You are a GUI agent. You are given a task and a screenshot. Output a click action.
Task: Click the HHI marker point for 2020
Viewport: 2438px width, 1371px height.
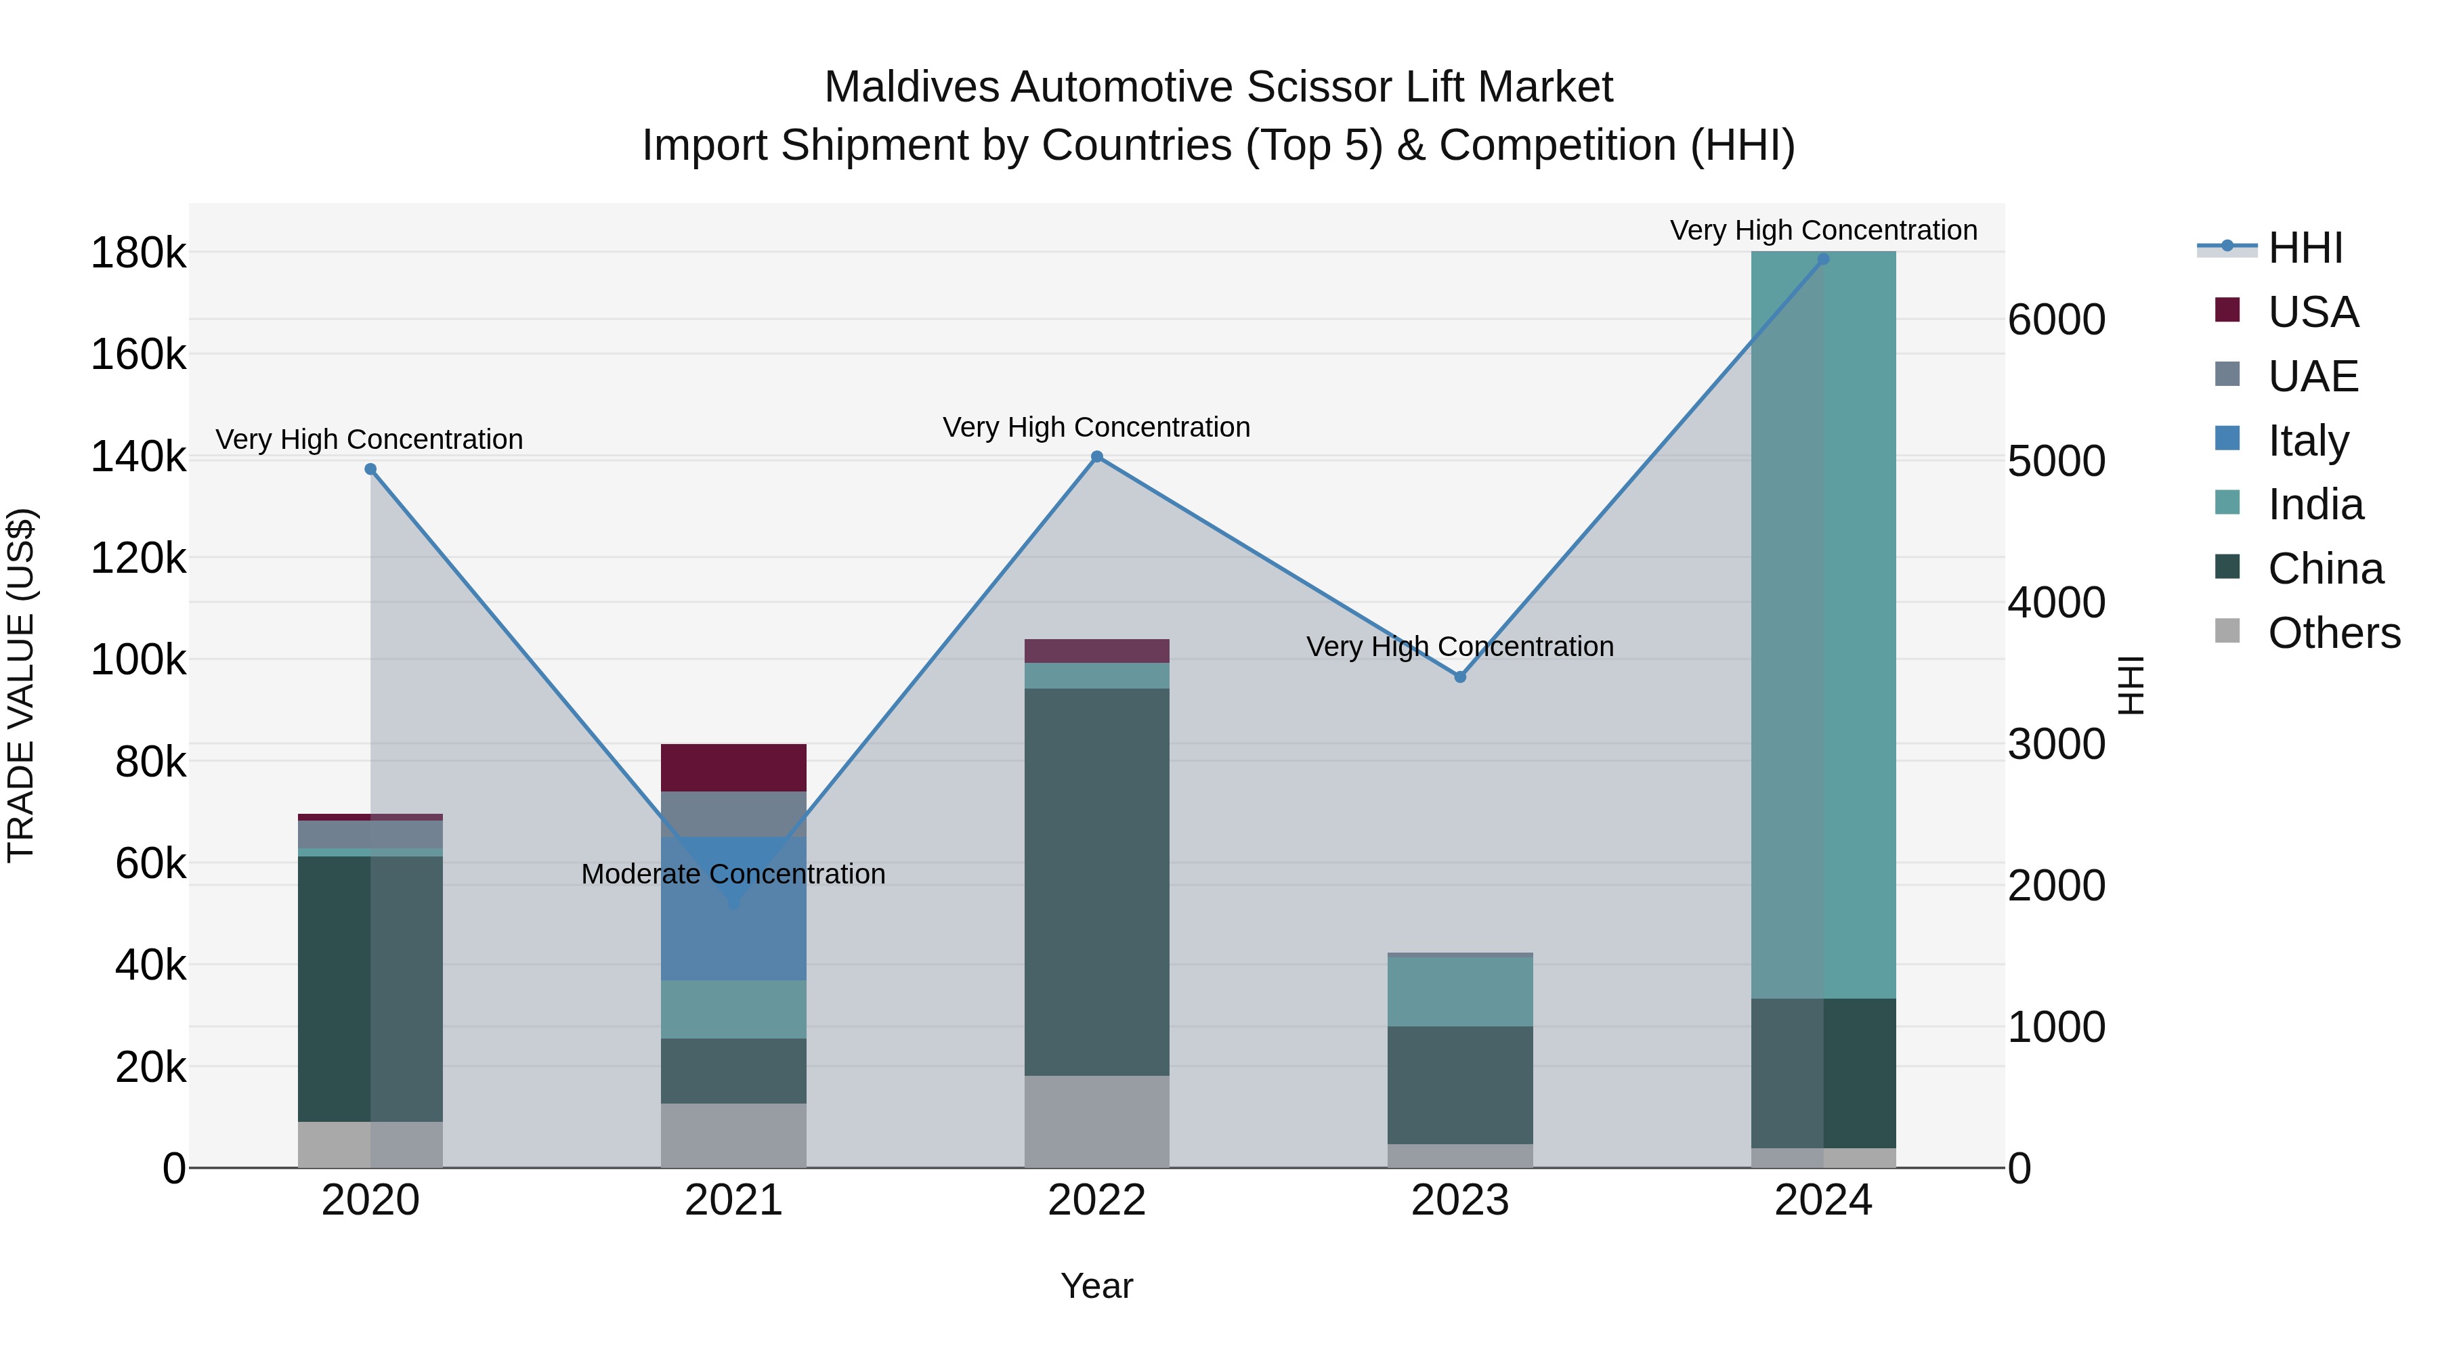point(370,469)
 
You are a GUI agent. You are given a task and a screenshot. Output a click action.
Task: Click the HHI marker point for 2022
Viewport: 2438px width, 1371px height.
point(1097,457)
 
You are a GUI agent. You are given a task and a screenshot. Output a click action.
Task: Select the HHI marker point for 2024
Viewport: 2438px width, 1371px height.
point(1824,259)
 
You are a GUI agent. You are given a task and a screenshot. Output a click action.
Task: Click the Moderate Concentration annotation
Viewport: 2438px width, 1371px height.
point(733,874)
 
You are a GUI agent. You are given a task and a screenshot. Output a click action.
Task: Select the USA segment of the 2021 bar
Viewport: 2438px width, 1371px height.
point(733,767)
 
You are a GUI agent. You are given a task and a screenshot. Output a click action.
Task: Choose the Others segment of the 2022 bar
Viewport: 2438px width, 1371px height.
point(1097,1121)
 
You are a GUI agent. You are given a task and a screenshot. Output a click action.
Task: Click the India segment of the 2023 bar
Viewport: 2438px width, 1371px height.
point(1460,992)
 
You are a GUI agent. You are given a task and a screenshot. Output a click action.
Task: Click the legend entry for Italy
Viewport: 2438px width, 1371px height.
point(2309,441)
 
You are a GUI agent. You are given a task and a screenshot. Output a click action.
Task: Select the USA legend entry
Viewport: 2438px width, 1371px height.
point(2313,312)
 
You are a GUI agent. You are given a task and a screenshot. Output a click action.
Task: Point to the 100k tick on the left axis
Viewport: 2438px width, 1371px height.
point(138,660)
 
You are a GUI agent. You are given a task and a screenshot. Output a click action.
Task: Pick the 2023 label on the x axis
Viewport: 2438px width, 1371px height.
point(1460,1200)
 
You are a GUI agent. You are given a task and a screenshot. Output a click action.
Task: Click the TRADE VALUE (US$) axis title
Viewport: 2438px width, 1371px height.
point(21,685)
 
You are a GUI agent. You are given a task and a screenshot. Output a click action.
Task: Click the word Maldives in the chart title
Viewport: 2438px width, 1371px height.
point(912,87)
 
